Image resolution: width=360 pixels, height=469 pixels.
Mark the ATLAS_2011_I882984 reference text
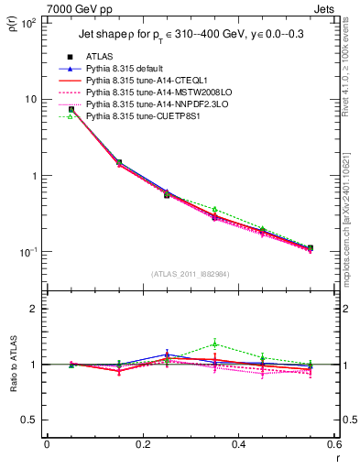pyautogui.click(x=191, y=273)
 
